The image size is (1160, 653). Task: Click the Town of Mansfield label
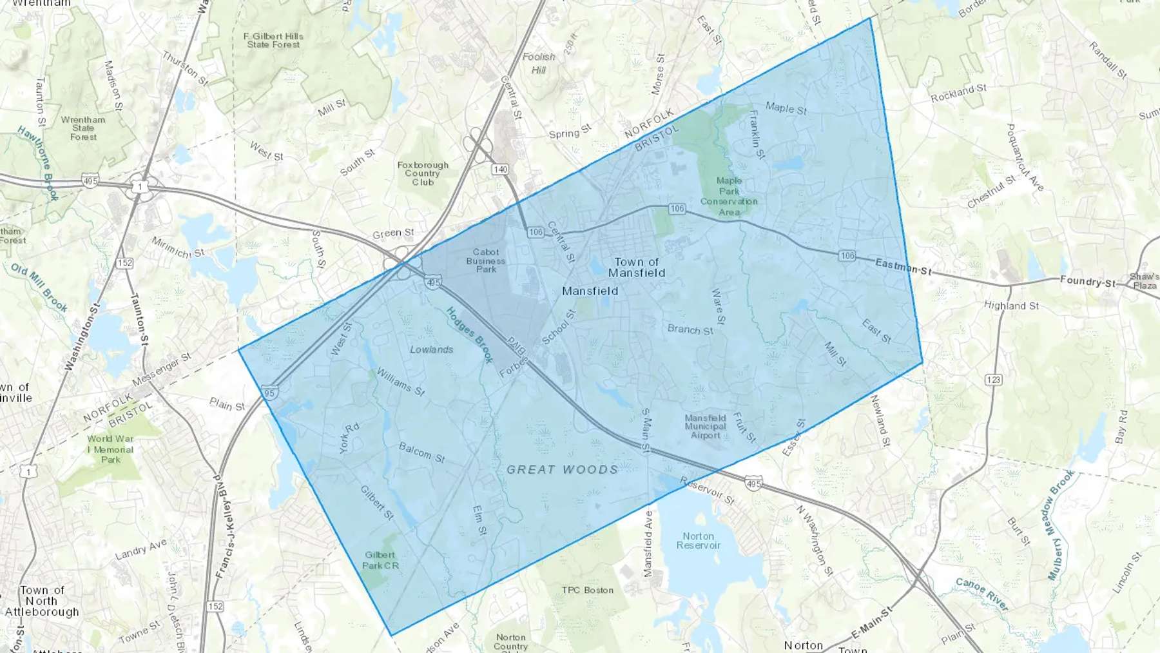pyautogui.click(x=637, y=268)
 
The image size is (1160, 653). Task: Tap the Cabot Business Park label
pyautogui.click(x=486, y=260)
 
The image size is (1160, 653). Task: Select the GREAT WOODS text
pyautogui.click(x=562, y=469)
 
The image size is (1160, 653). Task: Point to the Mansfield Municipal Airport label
pyautogui.click(x=705, y=427)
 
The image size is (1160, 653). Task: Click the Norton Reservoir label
pyautogui.click(x=699, y=541)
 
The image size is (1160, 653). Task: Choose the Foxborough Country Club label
pyautogui.click(x=423, y=173)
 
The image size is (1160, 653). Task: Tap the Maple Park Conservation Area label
pyautogui.click(x=729, y=196)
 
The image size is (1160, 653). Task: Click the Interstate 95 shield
pyautogui.click(x=269, y=393)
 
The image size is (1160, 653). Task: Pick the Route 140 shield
pyautogui.click(x=500, y=170)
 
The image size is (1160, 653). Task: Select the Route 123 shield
pyautogui.click(x=993, y=380)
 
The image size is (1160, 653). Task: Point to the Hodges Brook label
pyautogui.click(x=469, y=335)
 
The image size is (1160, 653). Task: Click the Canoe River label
pyautogui.click(x=981, y=594)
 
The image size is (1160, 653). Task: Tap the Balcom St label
pyautogui.click(x=421, y=453)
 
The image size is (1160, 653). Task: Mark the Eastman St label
pyautogui.click(x=903, y=267)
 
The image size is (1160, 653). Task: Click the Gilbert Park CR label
pyautogui.click(x=380, y=560)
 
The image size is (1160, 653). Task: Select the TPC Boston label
pyautogui.click(x=587, y=590)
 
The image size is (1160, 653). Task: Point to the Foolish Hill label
pyautogui.click(x=539, y=63)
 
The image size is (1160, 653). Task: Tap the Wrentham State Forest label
pyautogui.click(x=83, y=128)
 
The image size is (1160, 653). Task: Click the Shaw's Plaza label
pyautogui.click(x=1145, y=281)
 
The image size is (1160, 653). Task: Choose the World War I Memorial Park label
pyautogui.click(x=111, y=449)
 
